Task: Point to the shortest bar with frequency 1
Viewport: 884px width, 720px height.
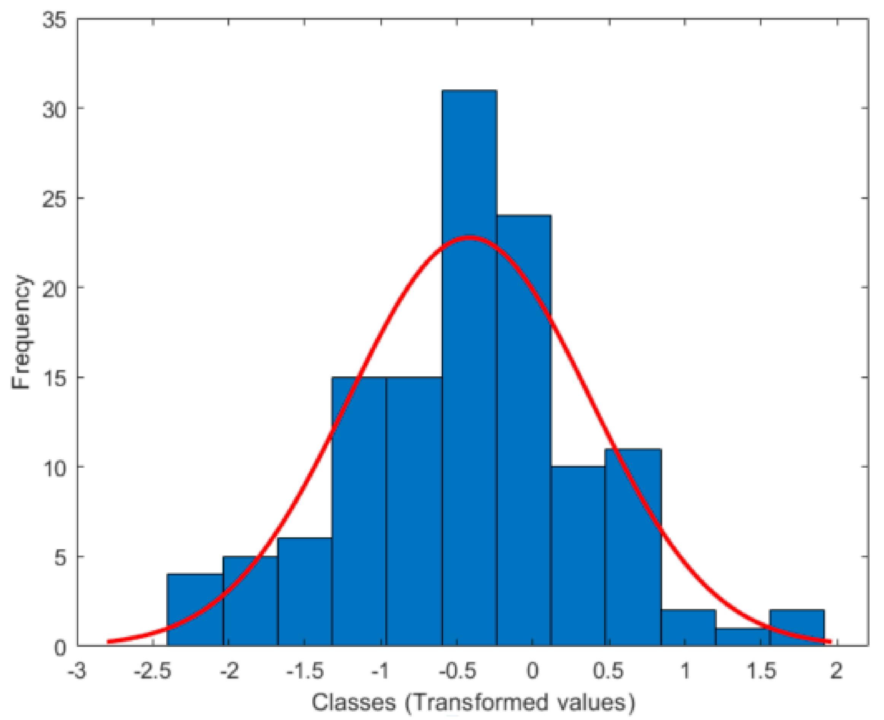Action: (x=742, y=637)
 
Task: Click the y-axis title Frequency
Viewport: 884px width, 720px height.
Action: (x=21, y=332)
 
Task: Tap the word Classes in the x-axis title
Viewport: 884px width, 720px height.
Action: (x=354, y=702)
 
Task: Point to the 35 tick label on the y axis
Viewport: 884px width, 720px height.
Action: (x=55, y=20)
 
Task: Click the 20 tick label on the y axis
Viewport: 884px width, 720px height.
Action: (x=55, y=287)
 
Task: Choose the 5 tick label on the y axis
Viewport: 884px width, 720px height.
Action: (x=60, y=557)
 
